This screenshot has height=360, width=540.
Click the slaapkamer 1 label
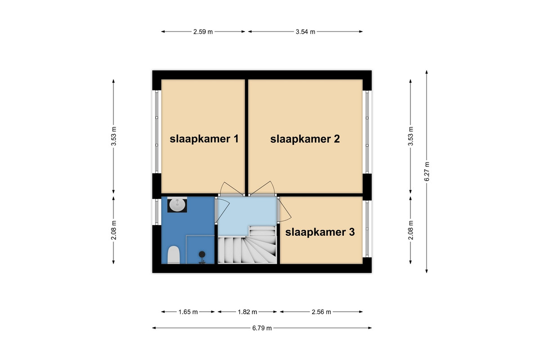point(204,139)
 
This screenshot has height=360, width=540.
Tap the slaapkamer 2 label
point(305,139)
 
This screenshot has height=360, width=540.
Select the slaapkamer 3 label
point(320,232)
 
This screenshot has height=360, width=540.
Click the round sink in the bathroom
point(177,205)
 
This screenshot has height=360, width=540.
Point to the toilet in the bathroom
point(174,255)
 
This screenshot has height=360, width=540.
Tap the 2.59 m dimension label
point(203,32)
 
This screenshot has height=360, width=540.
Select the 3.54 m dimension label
point(306,32)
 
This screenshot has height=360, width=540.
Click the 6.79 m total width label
point(262,328)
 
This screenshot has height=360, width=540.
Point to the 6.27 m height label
point(427,171)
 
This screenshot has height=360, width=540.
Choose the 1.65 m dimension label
point(188,312)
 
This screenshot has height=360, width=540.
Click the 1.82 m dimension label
point(247,312)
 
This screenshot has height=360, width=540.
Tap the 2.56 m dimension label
point(321,312)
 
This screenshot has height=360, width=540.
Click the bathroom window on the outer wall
point(157,211)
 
